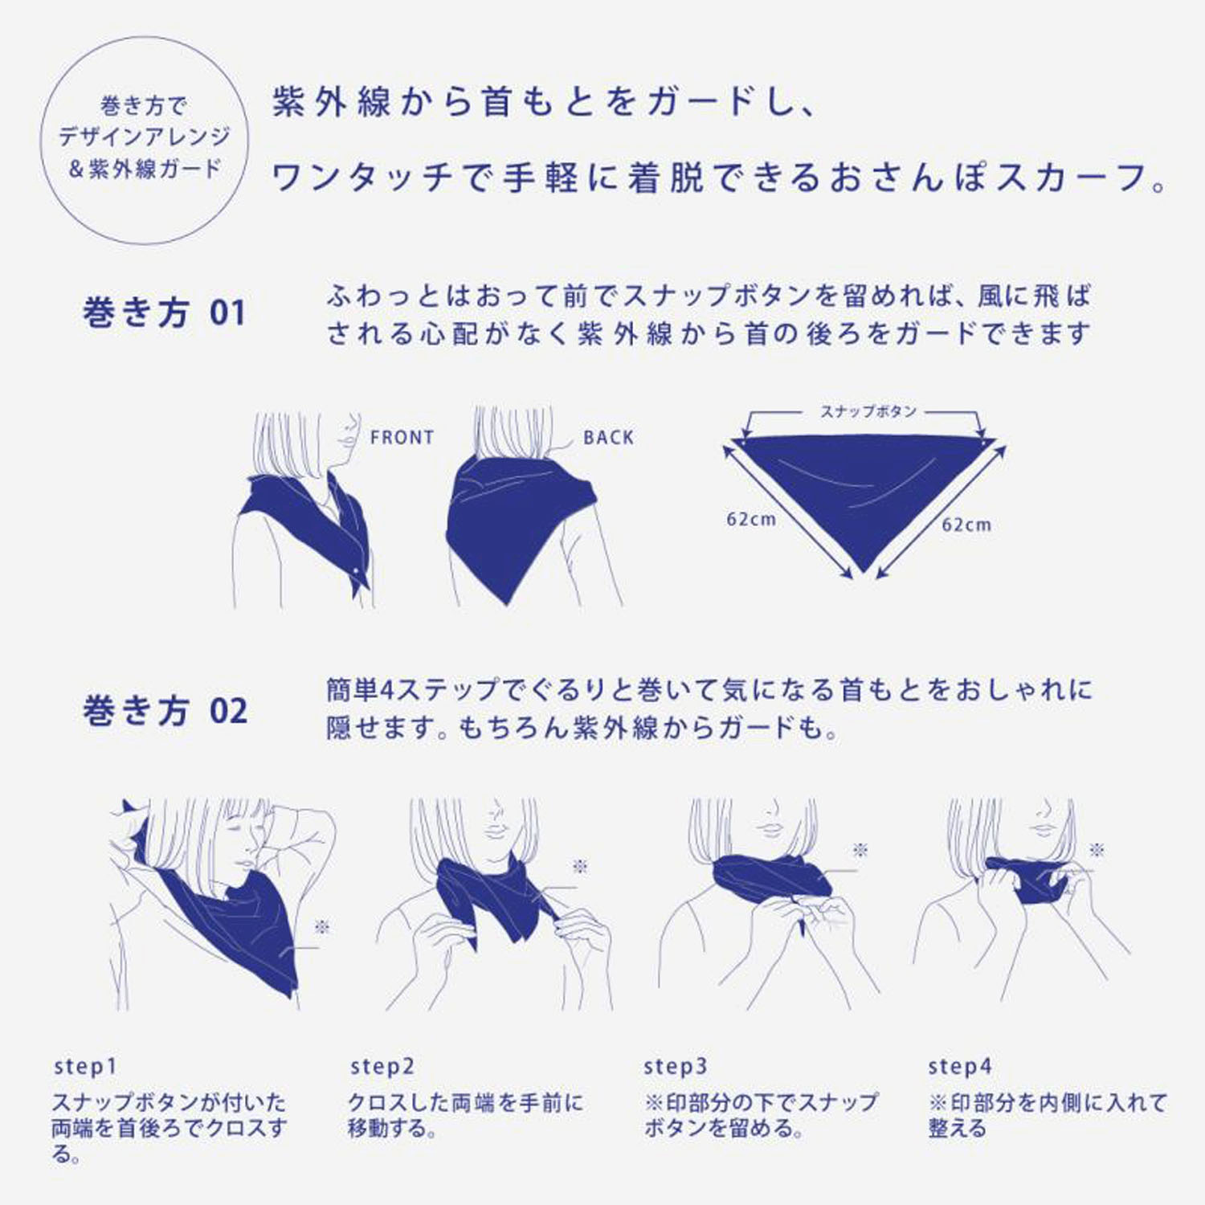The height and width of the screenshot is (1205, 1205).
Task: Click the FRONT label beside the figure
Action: (x=402, y=438)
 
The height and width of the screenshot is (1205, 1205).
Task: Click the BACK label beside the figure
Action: (x=608, y=438)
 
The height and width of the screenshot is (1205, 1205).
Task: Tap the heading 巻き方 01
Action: (x=164, y=313)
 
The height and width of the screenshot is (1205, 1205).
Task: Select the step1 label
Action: (x=85, y=1067)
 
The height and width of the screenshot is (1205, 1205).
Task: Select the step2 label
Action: (x=382, y=1067)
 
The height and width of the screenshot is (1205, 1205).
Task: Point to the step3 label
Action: (x=676, y=1067)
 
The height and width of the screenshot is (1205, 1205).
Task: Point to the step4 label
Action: (x=960, y=1067)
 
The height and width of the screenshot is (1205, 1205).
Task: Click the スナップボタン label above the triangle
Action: (x=868, y=411)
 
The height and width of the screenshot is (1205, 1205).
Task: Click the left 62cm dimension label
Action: (x=752, y=520)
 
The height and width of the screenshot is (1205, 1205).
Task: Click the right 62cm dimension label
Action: (x=966, y=525)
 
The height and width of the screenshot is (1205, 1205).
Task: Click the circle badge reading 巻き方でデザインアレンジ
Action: (x=145, y=138)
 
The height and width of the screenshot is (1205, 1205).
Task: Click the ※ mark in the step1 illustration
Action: (x=322, y=928)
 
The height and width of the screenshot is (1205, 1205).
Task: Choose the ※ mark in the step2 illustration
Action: (x=580, y=866)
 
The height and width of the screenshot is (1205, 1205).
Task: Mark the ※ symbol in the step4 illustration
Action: (x=1097, y=850)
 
